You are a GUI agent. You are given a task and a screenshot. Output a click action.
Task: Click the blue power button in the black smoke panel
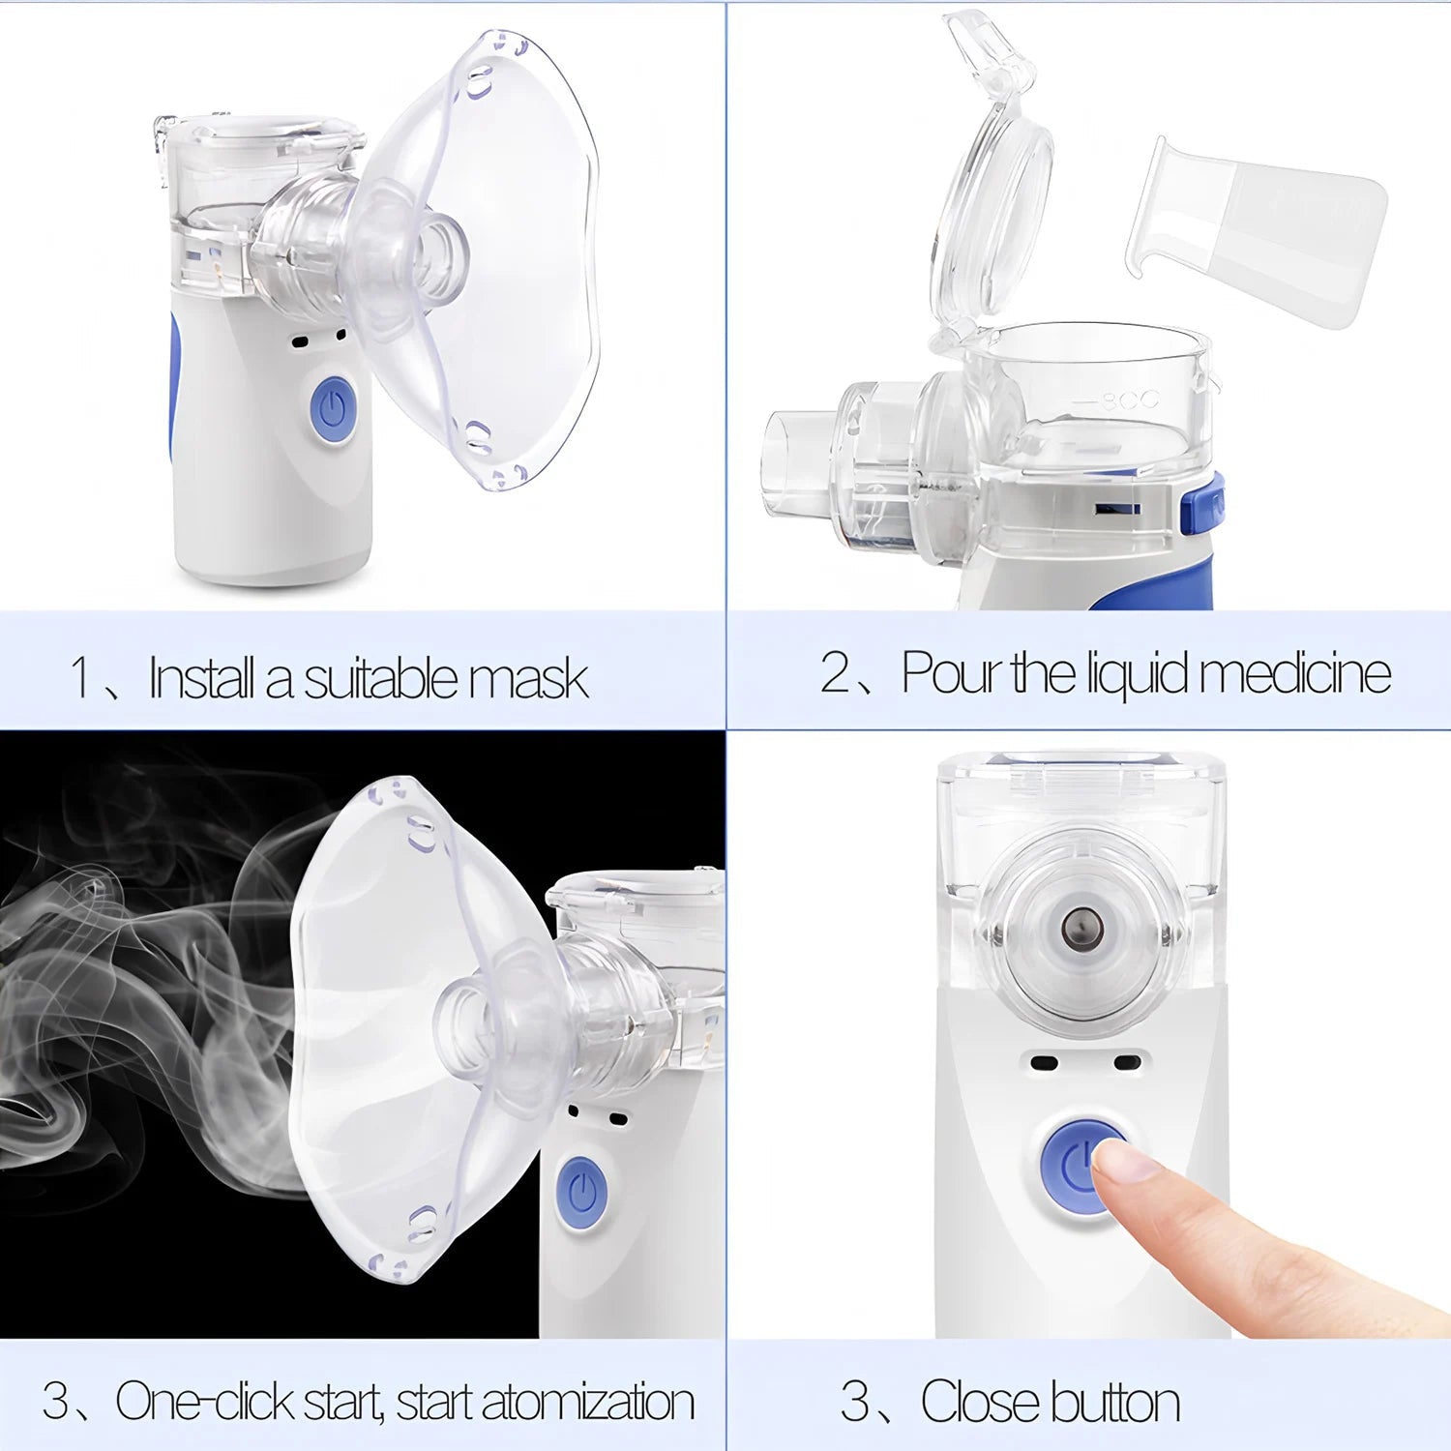click(581, 1193)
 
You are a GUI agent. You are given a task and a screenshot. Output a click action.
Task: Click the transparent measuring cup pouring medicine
click(1258, 232)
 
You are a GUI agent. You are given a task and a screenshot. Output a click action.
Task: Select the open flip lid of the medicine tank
click(992, 174)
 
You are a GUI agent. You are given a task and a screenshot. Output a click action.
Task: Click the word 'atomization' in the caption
click(588, 1402)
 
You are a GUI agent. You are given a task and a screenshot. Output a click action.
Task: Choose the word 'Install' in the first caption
click(202, 677)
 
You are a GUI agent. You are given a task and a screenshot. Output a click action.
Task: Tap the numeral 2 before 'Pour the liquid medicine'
click(834, 671)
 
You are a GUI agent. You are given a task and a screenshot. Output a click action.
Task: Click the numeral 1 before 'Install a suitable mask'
click(80, 677)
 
